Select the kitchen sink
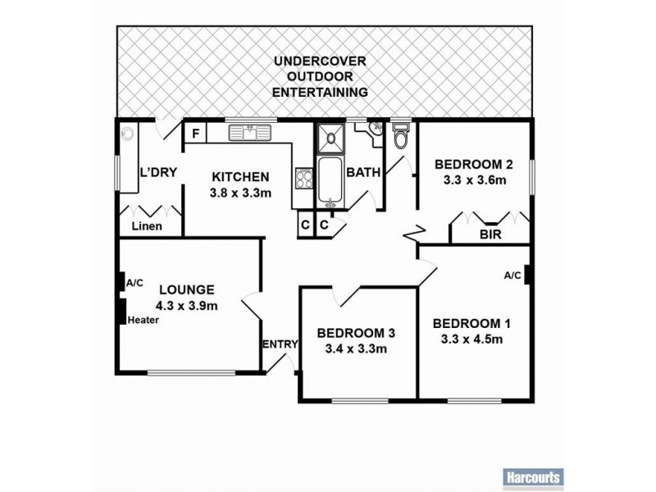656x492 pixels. [x=245, y=131]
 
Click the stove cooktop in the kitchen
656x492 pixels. [x=303, y=177]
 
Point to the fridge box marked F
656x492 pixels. [x=196, y=133]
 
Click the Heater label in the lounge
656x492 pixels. [x=142, y=320]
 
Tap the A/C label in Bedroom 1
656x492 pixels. [x=512, y=276]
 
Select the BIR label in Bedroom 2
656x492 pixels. [x=490, y=234]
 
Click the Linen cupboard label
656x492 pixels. [x=148, y=226]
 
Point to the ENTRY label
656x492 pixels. [x=279, y=344]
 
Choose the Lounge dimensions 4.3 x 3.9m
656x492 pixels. [x=187, y=307]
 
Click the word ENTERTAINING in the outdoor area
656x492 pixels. [x=320, y=93]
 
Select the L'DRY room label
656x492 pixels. [x=155, y=173]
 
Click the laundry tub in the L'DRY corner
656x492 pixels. [x=128, y=133]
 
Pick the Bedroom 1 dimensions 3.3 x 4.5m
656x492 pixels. [x=467, y=339]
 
